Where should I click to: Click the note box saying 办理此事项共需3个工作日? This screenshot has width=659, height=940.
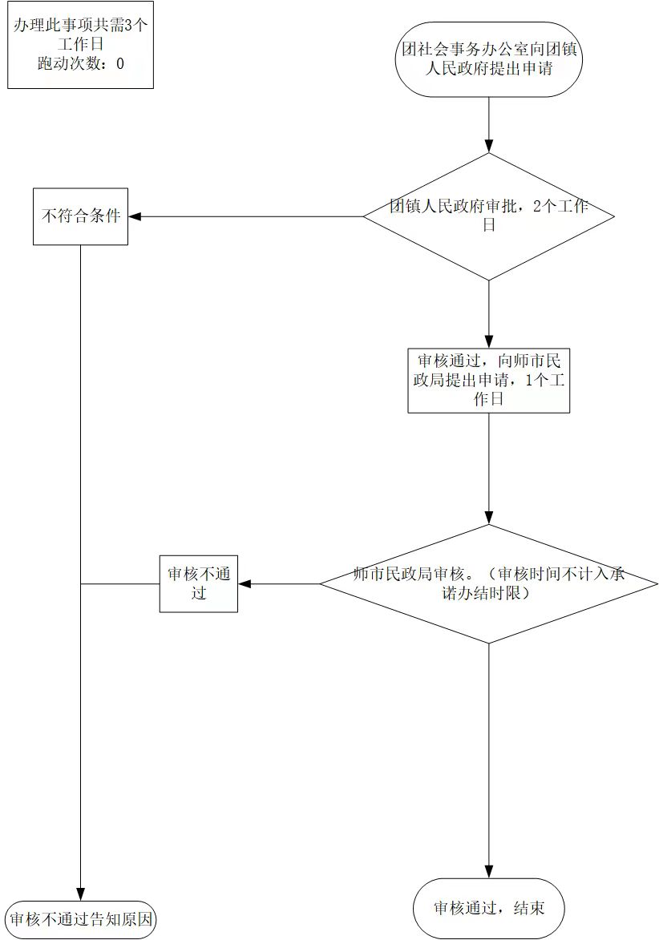80,45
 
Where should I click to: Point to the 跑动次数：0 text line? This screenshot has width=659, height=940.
80,63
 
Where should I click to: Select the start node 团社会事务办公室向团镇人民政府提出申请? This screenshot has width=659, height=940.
489,58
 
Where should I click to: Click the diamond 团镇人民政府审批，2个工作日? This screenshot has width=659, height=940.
489,216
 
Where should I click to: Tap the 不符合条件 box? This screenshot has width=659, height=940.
80,216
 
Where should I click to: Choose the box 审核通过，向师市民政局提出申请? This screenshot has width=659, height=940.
489,381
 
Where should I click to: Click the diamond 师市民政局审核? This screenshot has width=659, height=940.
489,584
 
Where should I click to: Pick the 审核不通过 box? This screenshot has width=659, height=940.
199,584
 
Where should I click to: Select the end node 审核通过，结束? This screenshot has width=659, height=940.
489,908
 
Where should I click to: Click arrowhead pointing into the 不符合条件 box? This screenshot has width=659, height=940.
135,216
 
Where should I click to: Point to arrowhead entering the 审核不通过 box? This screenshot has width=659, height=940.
244,584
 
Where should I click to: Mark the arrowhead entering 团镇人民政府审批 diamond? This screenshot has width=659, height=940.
489,147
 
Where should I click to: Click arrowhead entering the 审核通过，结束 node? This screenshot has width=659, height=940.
489,872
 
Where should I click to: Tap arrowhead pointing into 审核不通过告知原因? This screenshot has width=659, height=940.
80,894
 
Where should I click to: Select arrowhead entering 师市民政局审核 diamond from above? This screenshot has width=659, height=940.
489,518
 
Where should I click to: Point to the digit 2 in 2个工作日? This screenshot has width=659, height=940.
536,206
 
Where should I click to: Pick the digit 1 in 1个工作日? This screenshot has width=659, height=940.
529,381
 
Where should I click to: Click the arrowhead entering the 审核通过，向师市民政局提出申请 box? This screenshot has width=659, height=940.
489,342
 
